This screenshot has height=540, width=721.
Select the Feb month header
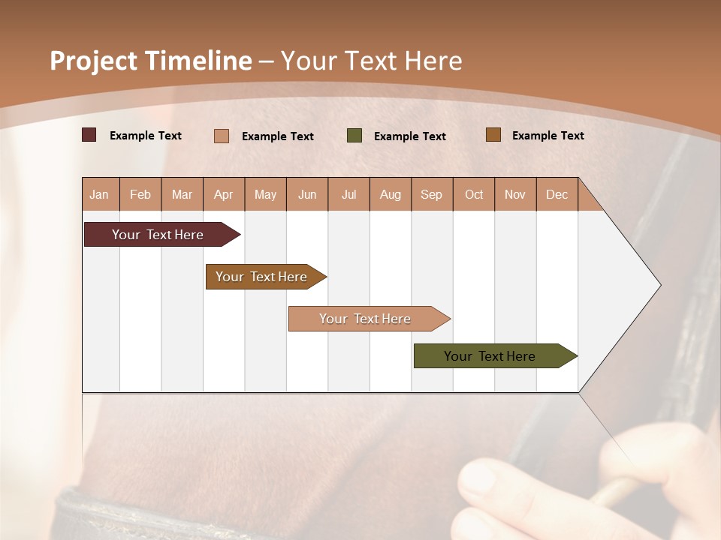140,194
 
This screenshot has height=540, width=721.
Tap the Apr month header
224,194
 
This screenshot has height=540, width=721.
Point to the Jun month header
307,194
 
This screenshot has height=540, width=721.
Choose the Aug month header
391,194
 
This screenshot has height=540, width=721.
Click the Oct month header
474,194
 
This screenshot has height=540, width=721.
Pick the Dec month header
557,194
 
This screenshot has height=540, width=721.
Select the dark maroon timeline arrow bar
162,234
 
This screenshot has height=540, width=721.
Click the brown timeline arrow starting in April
266,277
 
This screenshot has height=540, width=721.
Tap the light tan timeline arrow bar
370,319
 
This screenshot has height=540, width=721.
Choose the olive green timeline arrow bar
496,355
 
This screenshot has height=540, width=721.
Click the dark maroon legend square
89,134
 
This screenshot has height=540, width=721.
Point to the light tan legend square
221,136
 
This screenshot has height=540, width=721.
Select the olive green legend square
354,136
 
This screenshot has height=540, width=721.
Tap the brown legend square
493,134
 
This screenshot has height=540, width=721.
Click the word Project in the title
93,61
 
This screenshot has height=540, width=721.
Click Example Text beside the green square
410,136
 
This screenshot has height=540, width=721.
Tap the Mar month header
182,194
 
